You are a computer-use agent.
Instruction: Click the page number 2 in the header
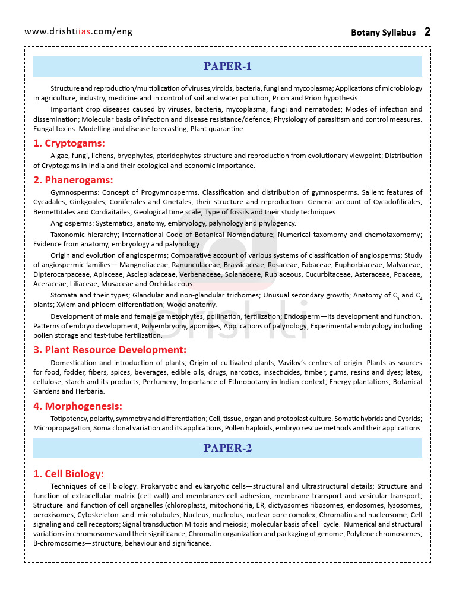[427, 31]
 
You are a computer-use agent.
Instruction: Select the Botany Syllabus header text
[383, 33]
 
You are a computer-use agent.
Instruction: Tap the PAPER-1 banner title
[227, 66]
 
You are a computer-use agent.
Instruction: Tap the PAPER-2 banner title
[227, 448]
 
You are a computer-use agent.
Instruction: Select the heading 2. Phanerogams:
[73, 180]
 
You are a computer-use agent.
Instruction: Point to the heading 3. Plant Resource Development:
[110, 350]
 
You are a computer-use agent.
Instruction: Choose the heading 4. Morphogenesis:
[78, 406]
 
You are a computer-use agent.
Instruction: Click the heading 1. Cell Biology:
[68, 474]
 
